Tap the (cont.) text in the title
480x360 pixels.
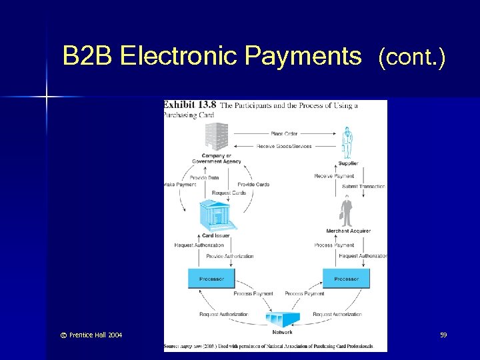tap(411, 58)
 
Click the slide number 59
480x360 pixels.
tap(443, 335)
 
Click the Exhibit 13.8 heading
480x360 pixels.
tap(190, 105)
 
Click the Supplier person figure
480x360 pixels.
tap(347, 142)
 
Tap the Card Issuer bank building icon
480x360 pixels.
tap(217, 215)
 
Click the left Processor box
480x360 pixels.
tap(211, 279)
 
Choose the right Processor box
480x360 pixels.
tap(346, 279)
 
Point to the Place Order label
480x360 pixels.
tap(284, 134)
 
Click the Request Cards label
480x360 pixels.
tap(229, 193)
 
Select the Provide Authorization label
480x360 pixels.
tap(230, 256)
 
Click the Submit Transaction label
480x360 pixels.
tap(363, 187)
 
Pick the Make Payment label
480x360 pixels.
tap(180, 185)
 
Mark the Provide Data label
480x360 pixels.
tap(204, 178)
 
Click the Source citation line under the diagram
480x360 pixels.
tap(275, 347)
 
